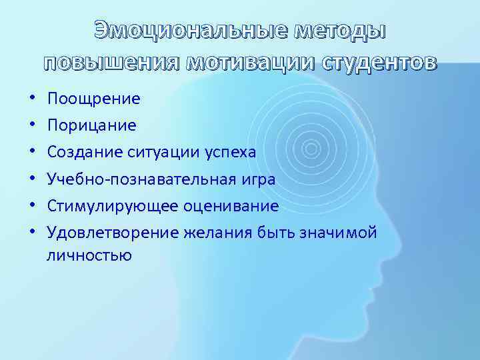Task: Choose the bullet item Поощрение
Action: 94,99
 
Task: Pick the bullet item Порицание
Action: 92,125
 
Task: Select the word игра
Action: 257,179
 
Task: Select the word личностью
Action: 89,255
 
